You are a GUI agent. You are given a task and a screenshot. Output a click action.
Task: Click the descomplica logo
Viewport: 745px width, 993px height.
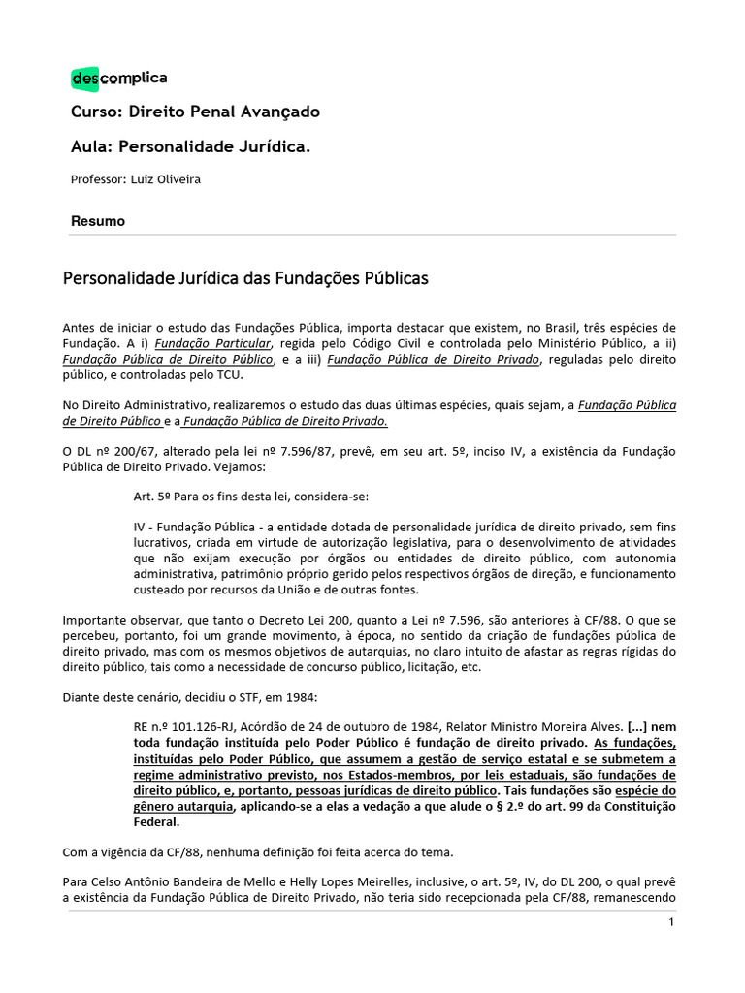pyautogui.click(x=118, y=79)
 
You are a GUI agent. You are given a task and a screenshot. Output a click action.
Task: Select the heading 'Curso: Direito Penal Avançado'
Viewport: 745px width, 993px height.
pyautogui.click(x=195, y=112)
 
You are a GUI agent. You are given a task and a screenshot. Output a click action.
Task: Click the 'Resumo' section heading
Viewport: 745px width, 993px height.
pyautogui.click(x=98, y=221)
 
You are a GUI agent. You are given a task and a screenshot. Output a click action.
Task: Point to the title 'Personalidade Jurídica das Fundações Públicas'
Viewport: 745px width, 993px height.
pyautogui.click(x=245, y=279)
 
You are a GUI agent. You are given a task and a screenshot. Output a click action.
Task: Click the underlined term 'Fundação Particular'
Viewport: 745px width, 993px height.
pyautogui.click(x=212, y=344)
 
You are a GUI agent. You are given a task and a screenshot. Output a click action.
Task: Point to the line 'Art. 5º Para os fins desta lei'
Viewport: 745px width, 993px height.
pyautogui.click(x=251, y=497)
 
